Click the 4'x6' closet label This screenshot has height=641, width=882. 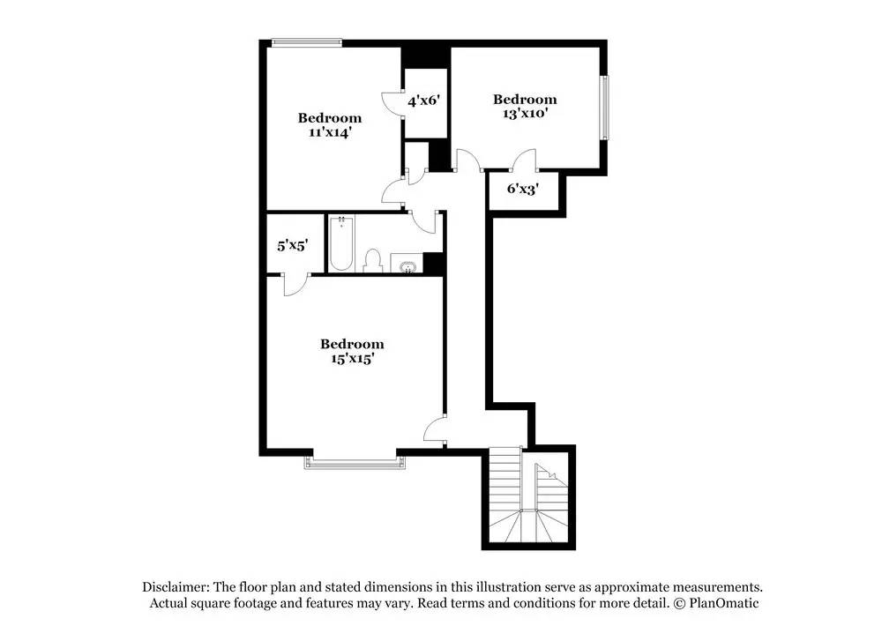point(423,101)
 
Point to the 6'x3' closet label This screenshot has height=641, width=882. point(522,188)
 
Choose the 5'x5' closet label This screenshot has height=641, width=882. point(292,245)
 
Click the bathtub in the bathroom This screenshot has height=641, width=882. point(341,242)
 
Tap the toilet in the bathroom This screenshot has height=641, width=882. point(372,260)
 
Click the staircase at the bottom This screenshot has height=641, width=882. point(527,498)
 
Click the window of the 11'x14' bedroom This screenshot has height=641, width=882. point(306,41)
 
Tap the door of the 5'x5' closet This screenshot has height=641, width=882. point(295,281)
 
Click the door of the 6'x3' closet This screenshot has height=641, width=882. point(525,160)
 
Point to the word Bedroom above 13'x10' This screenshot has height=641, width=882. point(525,100)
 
